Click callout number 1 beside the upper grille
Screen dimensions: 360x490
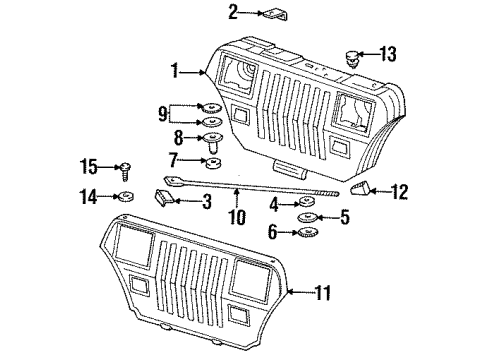pos(174,71)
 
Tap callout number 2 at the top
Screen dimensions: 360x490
pos(233,12)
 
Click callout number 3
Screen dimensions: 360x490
pos(206,203)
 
